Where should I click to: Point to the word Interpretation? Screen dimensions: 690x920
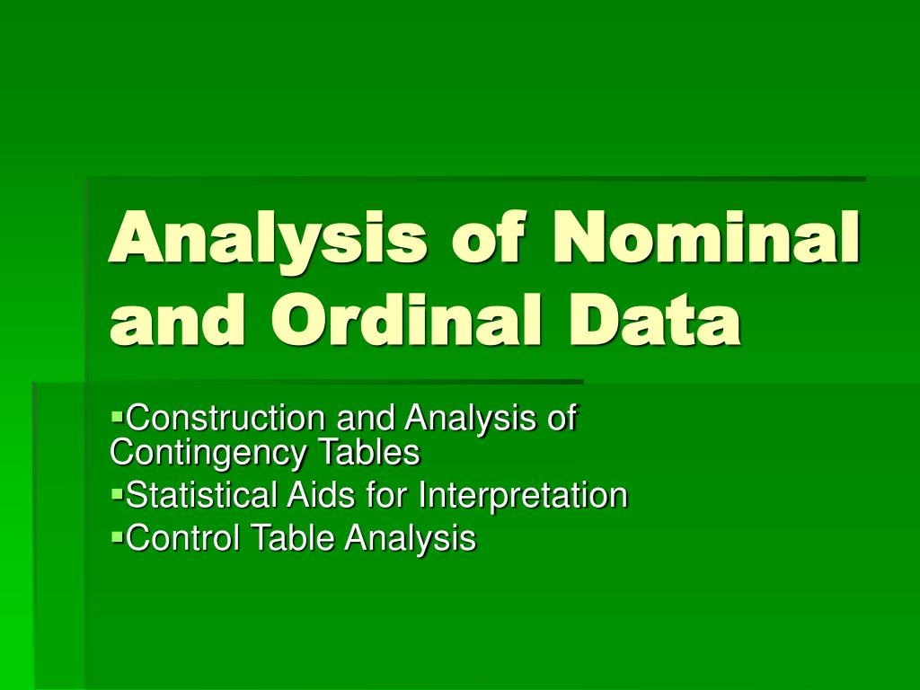pyautogui.click(x=525, y=496)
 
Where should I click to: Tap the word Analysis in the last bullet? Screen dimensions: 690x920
pyautogui.click(x=411, y=538)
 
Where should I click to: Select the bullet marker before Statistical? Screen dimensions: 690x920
pyautogui.click(x=117, y=493)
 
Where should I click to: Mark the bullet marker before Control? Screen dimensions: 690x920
pyautogui.click(x=117, y=535)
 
